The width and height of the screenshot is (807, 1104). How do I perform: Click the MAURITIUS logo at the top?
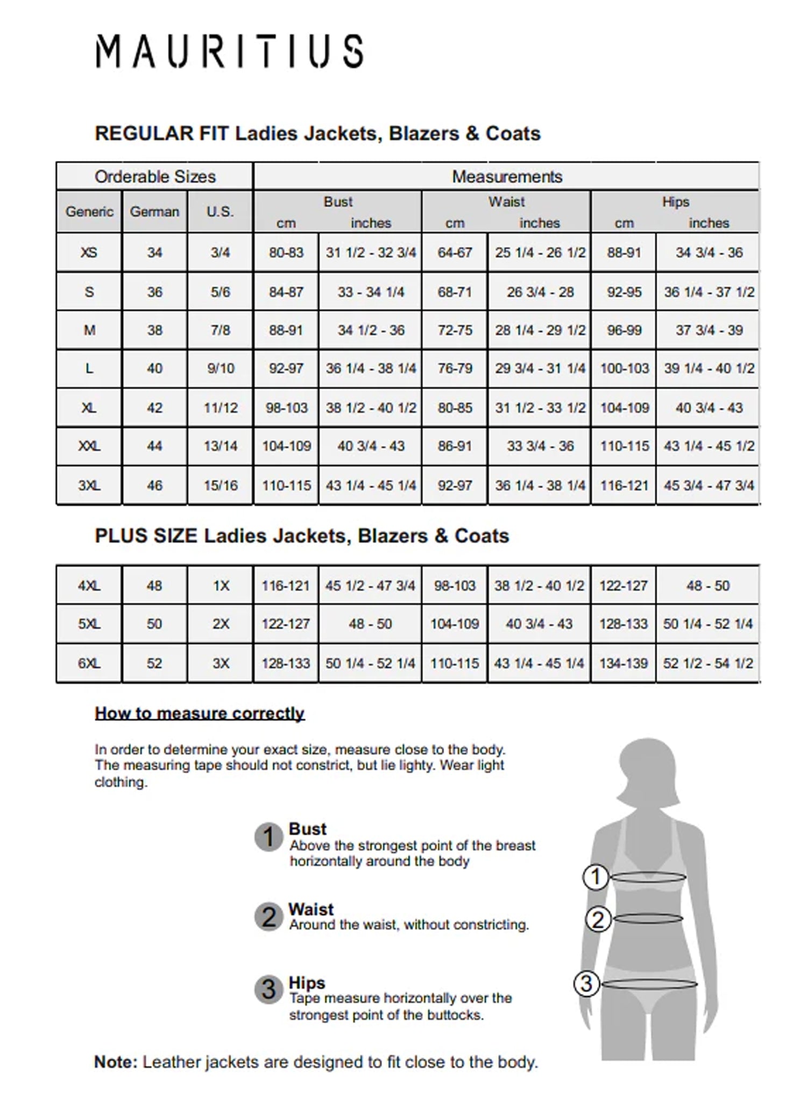point(230,52)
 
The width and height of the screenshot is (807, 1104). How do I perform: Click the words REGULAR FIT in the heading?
point(161,133)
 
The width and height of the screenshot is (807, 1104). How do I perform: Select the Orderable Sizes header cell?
point(155,177)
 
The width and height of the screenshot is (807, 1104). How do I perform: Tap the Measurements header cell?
point(507,177)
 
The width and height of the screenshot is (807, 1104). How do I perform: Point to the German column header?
point(154,212)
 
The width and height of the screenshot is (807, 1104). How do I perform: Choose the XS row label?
point(89,252)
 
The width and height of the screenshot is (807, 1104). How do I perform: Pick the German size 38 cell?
point(154,330)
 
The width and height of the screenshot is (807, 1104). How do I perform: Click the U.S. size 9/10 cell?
point(220,369)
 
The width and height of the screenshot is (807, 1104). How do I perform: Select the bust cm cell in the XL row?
point(286,408)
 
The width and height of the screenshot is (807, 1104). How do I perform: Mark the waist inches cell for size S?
point(540,292)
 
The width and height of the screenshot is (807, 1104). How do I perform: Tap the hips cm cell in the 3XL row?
point(624,486)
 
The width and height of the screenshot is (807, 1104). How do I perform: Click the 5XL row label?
point(89,624)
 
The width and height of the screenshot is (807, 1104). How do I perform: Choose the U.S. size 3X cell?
point(220,663)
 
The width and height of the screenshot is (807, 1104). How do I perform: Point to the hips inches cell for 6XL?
point(708,663)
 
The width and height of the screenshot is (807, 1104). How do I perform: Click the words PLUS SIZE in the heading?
point(146,536)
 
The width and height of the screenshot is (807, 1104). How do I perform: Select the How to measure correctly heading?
point(200,713)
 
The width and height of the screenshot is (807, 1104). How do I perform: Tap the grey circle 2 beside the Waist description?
point(268,917)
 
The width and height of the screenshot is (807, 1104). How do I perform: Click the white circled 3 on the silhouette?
point(586,984)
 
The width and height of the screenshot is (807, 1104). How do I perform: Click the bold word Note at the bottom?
point(116,1062)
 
